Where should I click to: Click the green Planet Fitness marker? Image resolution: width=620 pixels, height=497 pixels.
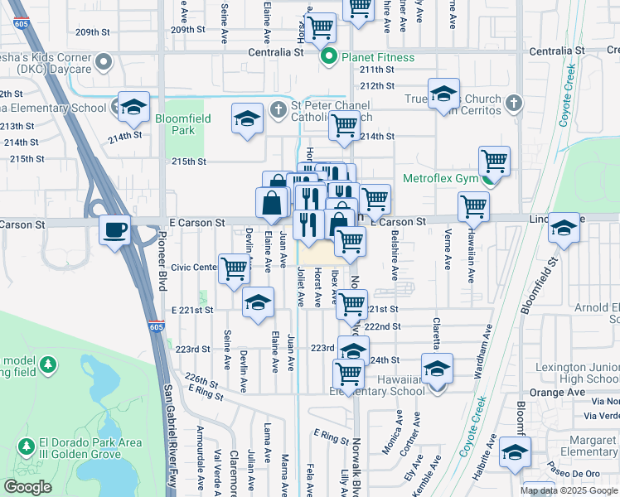click(329, 57)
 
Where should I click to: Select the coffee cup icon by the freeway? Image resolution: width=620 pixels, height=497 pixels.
click(115, 229)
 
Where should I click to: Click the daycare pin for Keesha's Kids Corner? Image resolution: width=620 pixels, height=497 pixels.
click(104, 62)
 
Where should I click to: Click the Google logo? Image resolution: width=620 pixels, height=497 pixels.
click(27, 487)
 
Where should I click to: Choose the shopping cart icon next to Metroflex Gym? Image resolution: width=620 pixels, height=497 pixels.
click(494, 159)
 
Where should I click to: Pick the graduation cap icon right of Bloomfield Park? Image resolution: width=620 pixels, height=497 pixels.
click(246, 118)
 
